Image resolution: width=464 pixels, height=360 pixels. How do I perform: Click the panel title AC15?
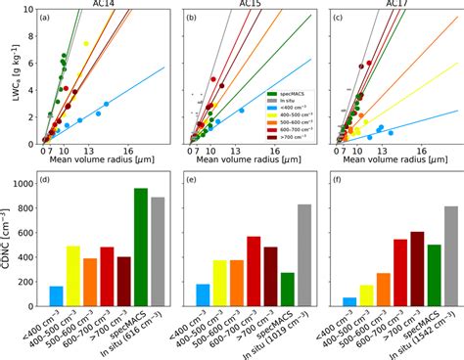pos(247,7)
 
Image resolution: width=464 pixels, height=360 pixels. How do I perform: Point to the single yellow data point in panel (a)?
pos(86,44)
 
